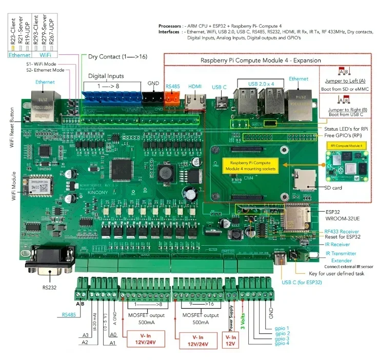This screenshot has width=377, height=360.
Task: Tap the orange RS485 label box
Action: click(x=172, y=87)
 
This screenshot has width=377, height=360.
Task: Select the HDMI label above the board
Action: click(x=195, y=87)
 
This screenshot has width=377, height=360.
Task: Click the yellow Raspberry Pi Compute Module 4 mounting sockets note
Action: click(x=249, y=165)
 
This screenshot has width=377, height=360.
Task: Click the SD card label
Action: click(x=329, y=188)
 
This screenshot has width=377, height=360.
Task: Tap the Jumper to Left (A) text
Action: click(x=345, y=81)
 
